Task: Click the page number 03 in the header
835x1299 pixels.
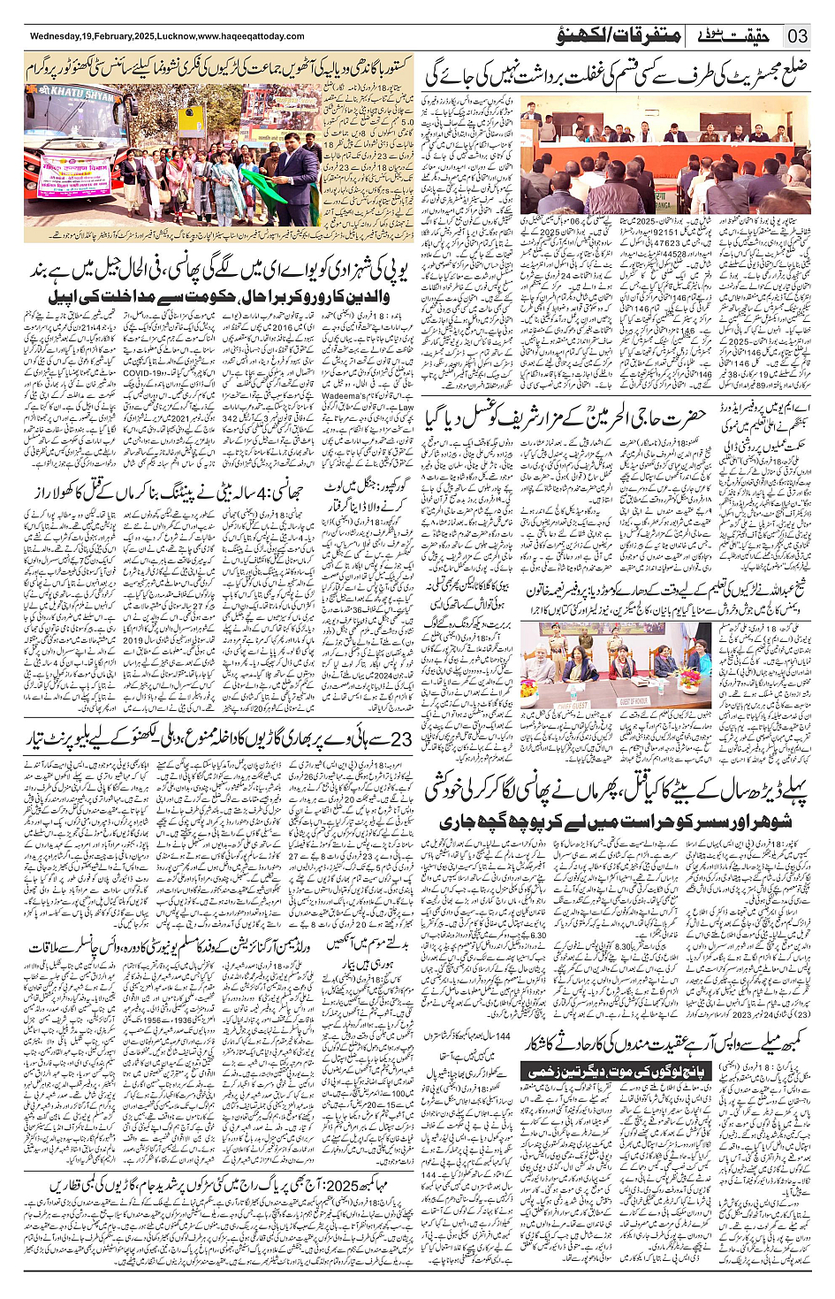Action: (x=798, y=36)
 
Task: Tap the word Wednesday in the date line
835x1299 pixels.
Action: (x=55, y=36)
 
